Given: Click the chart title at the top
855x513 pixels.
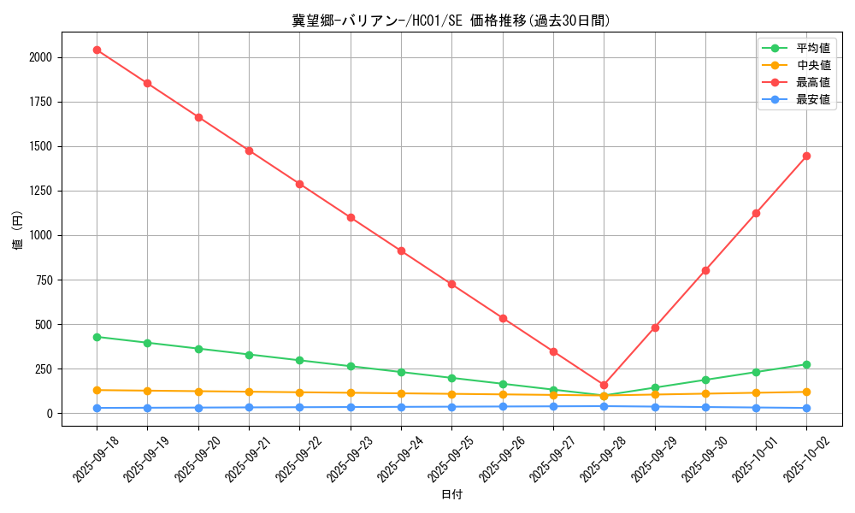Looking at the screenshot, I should coord(451,21).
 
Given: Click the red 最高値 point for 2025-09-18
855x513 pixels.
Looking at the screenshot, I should coord(97,50).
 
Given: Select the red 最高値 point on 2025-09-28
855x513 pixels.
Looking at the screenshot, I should coord(604,385).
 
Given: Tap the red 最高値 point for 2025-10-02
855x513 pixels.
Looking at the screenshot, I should coord(806,156).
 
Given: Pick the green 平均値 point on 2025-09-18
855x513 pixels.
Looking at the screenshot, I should coord(97,337).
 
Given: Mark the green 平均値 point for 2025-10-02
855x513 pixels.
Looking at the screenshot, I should coord(806,364).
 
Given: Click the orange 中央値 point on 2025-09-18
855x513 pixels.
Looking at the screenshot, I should coord(97,390).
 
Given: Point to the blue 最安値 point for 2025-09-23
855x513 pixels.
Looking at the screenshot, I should coord(351,407).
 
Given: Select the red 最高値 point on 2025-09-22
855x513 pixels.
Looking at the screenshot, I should coord(300,184).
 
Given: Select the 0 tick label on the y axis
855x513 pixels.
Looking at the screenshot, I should coord(50,413).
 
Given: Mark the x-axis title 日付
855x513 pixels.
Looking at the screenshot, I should coord(451,495).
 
